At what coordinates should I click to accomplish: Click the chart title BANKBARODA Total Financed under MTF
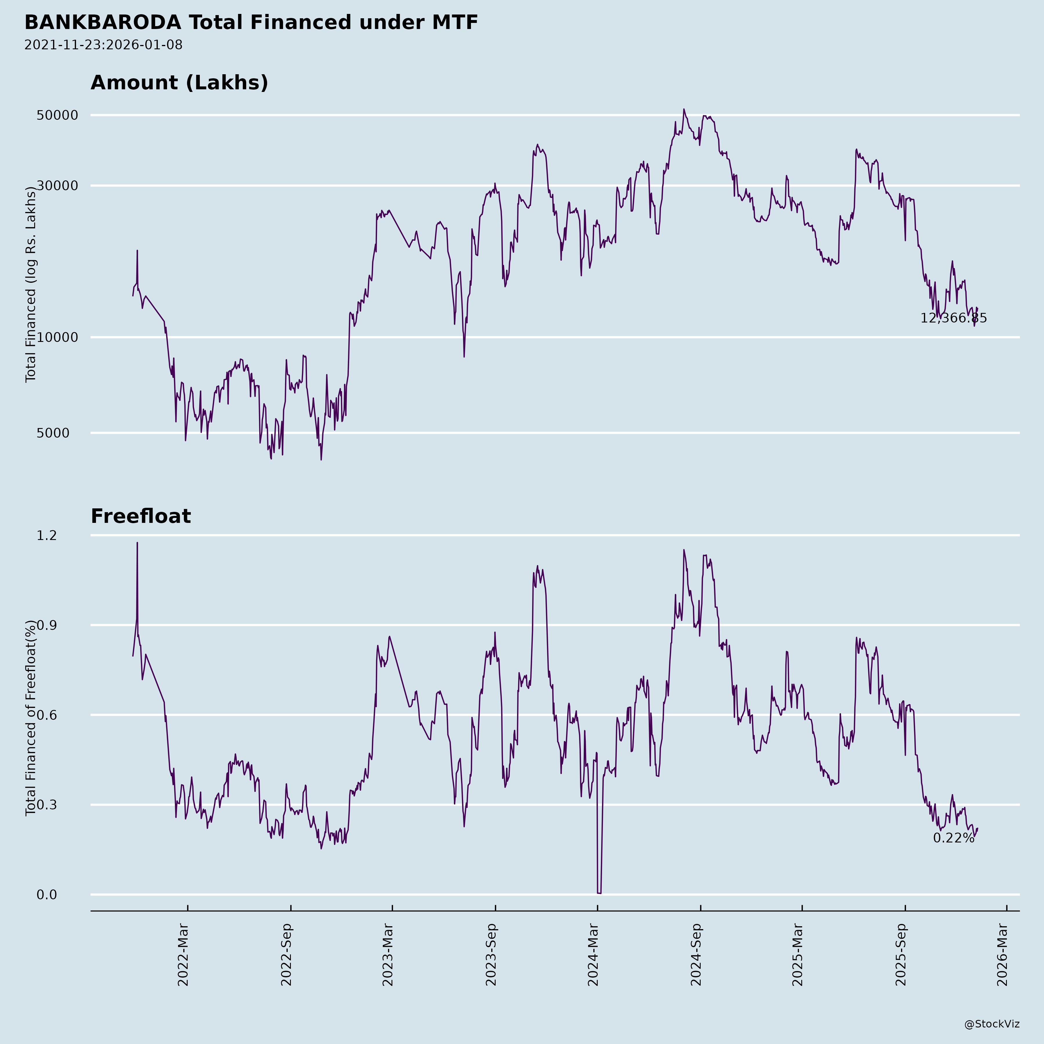click(251, 23)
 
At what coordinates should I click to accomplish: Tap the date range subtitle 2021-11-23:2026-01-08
click(103, 45)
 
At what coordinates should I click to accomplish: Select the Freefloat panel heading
click(140, 516)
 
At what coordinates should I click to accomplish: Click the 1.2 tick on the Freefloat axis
click(46, 536)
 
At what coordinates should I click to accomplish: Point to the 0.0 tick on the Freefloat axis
click(46, 895)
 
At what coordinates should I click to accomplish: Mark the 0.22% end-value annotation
click(953, 838)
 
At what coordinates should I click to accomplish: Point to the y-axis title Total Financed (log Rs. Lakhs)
click(31, 285)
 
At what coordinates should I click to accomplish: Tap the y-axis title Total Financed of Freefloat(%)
click(31, 718)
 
